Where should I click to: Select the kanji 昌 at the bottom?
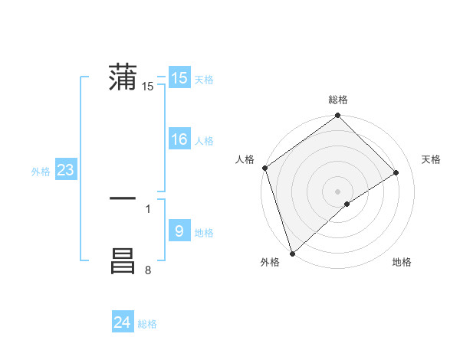[123, 261]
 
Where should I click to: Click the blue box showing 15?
[179, 78]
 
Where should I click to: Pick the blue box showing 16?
[179, 139]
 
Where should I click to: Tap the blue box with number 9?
[179, 231]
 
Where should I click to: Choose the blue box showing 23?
[65, 170]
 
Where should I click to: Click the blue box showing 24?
[123, 322]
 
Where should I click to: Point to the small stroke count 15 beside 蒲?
[148, 87]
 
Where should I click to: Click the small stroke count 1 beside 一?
[148, 208]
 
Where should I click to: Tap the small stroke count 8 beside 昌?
[148, 270]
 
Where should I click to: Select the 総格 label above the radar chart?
[338, 100]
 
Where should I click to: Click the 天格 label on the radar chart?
[431, 159]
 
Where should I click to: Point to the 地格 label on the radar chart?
[402, 263]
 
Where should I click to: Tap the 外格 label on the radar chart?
[270, 263]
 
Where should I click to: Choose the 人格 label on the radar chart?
[245, 159]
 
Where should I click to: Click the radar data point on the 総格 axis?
[338, 116]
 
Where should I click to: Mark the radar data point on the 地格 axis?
[347, 204]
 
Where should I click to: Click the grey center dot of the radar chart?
[338, 191]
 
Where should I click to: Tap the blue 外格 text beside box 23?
[41, 172]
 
